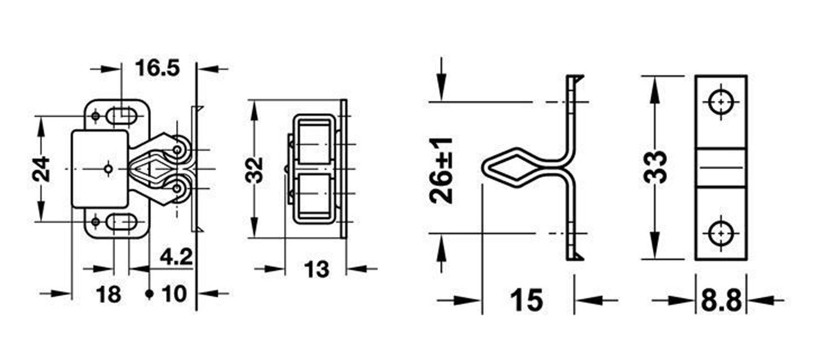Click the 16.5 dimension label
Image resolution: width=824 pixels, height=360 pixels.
(x=157, y=69)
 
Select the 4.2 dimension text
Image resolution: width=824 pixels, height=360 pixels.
(x=176, y=258)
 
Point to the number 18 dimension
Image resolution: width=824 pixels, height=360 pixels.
(x=108, y=294)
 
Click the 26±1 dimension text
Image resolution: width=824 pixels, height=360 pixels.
(x=441, y=170)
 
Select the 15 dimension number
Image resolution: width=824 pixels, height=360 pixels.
(x=527, y=300)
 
